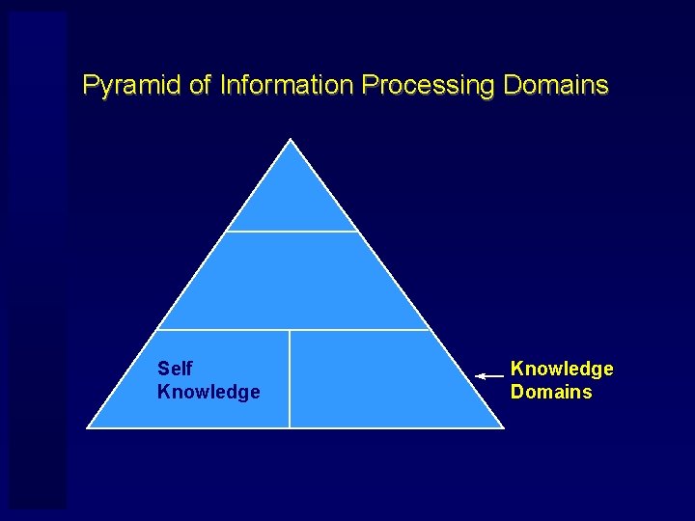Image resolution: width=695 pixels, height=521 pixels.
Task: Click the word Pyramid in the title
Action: click(x=132, y=86)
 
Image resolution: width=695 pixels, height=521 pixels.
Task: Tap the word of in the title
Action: click(x=200, y=85)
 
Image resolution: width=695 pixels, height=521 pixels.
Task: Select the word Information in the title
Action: click(x=287, y=86)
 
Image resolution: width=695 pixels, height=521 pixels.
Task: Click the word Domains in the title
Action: click(x=556, y=85)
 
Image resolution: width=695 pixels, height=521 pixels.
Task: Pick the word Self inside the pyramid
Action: click(x=175, y=369)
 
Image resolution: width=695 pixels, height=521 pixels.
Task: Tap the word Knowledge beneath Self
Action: click(x=208, y=392)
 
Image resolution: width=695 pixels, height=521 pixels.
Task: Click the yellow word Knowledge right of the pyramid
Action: click(x=562, y=369)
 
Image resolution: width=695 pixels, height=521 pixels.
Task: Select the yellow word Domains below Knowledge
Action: click(x=551, y=392)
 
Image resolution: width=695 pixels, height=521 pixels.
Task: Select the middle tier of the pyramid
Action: click(x=292, y=282)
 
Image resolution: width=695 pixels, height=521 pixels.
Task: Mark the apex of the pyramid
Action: click(x=292, y=141)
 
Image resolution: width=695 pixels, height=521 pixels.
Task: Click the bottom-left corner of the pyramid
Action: click(x=89, y=426)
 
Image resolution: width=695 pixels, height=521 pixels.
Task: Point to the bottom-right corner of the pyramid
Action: click(x=502, y=426)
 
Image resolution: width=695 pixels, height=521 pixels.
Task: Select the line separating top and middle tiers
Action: click(x=292, y=232)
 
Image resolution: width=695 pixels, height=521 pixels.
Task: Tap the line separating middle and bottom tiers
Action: click(x=292, y=330)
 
